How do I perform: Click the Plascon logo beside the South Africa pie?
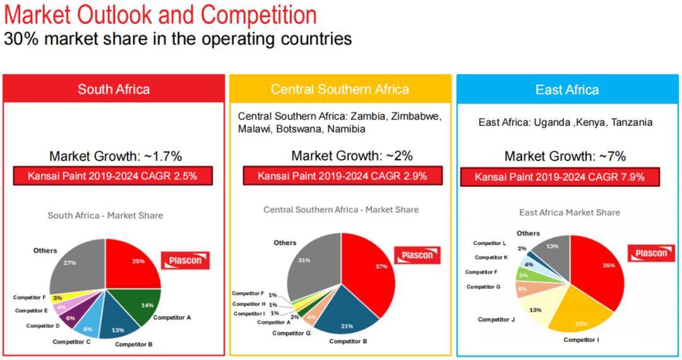pos(185,260)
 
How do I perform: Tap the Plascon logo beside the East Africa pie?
pos(650,253)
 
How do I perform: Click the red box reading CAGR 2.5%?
pos(112,176)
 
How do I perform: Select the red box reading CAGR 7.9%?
pos(560,177)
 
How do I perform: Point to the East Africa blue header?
pos(567,90)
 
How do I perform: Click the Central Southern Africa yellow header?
pos(340,90)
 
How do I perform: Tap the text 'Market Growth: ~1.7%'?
pos(116,156)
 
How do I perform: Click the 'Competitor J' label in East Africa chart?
pos(496,320)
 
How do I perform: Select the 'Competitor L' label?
pos(490,243)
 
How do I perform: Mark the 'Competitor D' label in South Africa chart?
pos(43,326)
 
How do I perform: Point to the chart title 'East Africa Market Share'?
pos(570,213)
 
